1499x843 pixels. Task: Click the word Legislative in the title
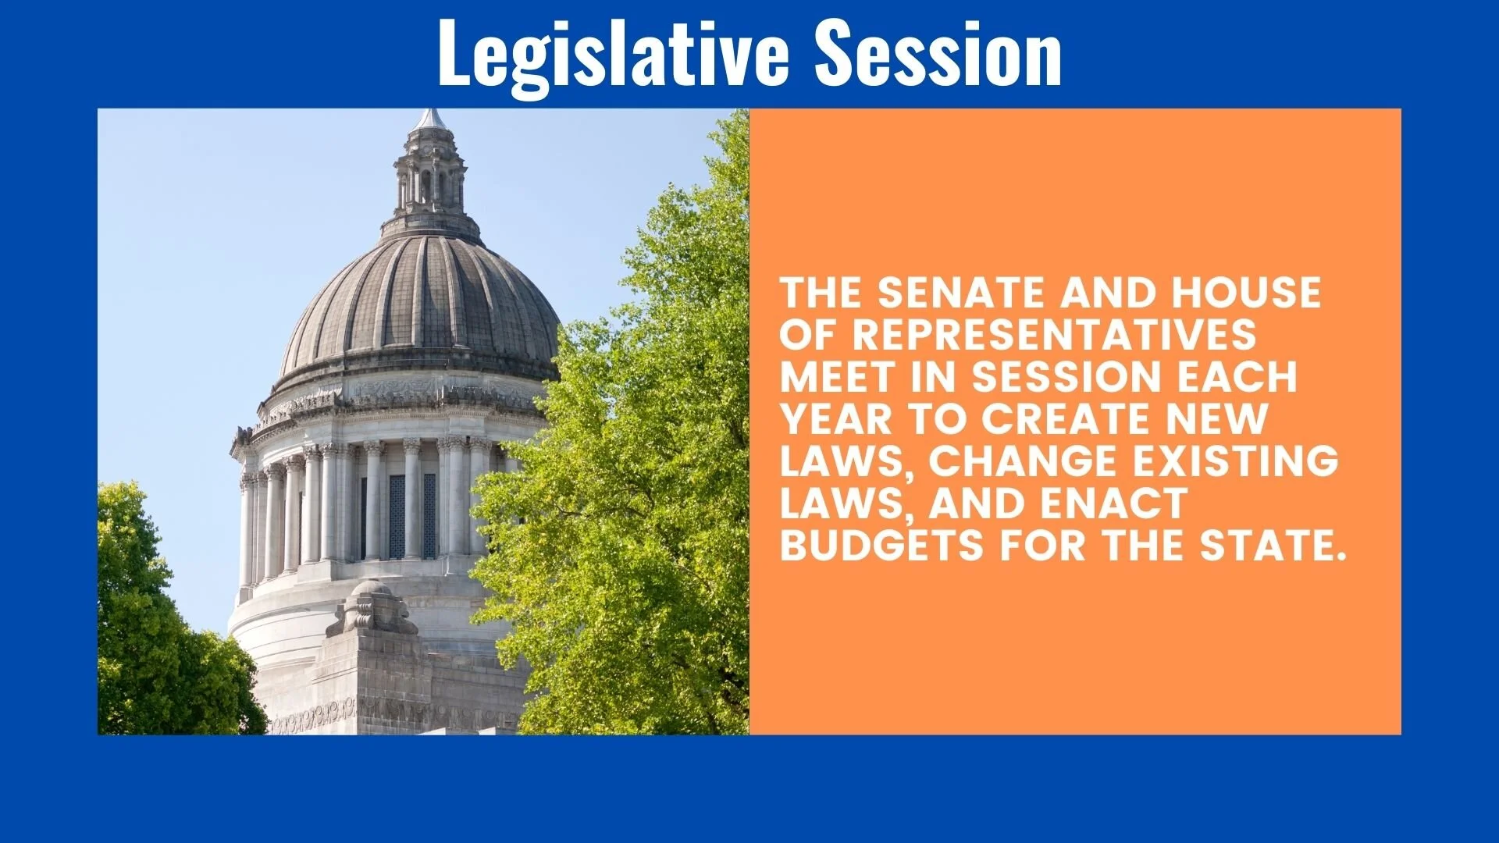coord(613,53)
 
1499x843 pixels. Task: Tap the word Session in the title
coord(938,53)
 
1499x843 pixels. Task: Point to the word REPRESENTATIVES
coord(1054,336)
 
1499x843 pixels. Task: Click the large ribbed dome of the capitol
coord(420,304)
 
